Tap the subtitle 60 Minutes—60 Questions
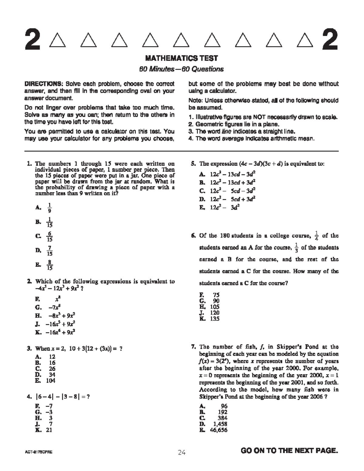(181, 69)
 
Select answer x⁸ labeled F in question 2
(53, 300)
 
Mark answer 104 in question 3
(50, 381)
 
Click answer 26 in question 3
(52, 369)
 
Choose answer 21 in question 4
(49, 430)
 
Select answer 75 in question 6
(216, 295)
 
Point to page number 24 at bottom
(182, 453)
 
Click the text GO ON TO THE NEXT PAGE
(289, 451)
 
